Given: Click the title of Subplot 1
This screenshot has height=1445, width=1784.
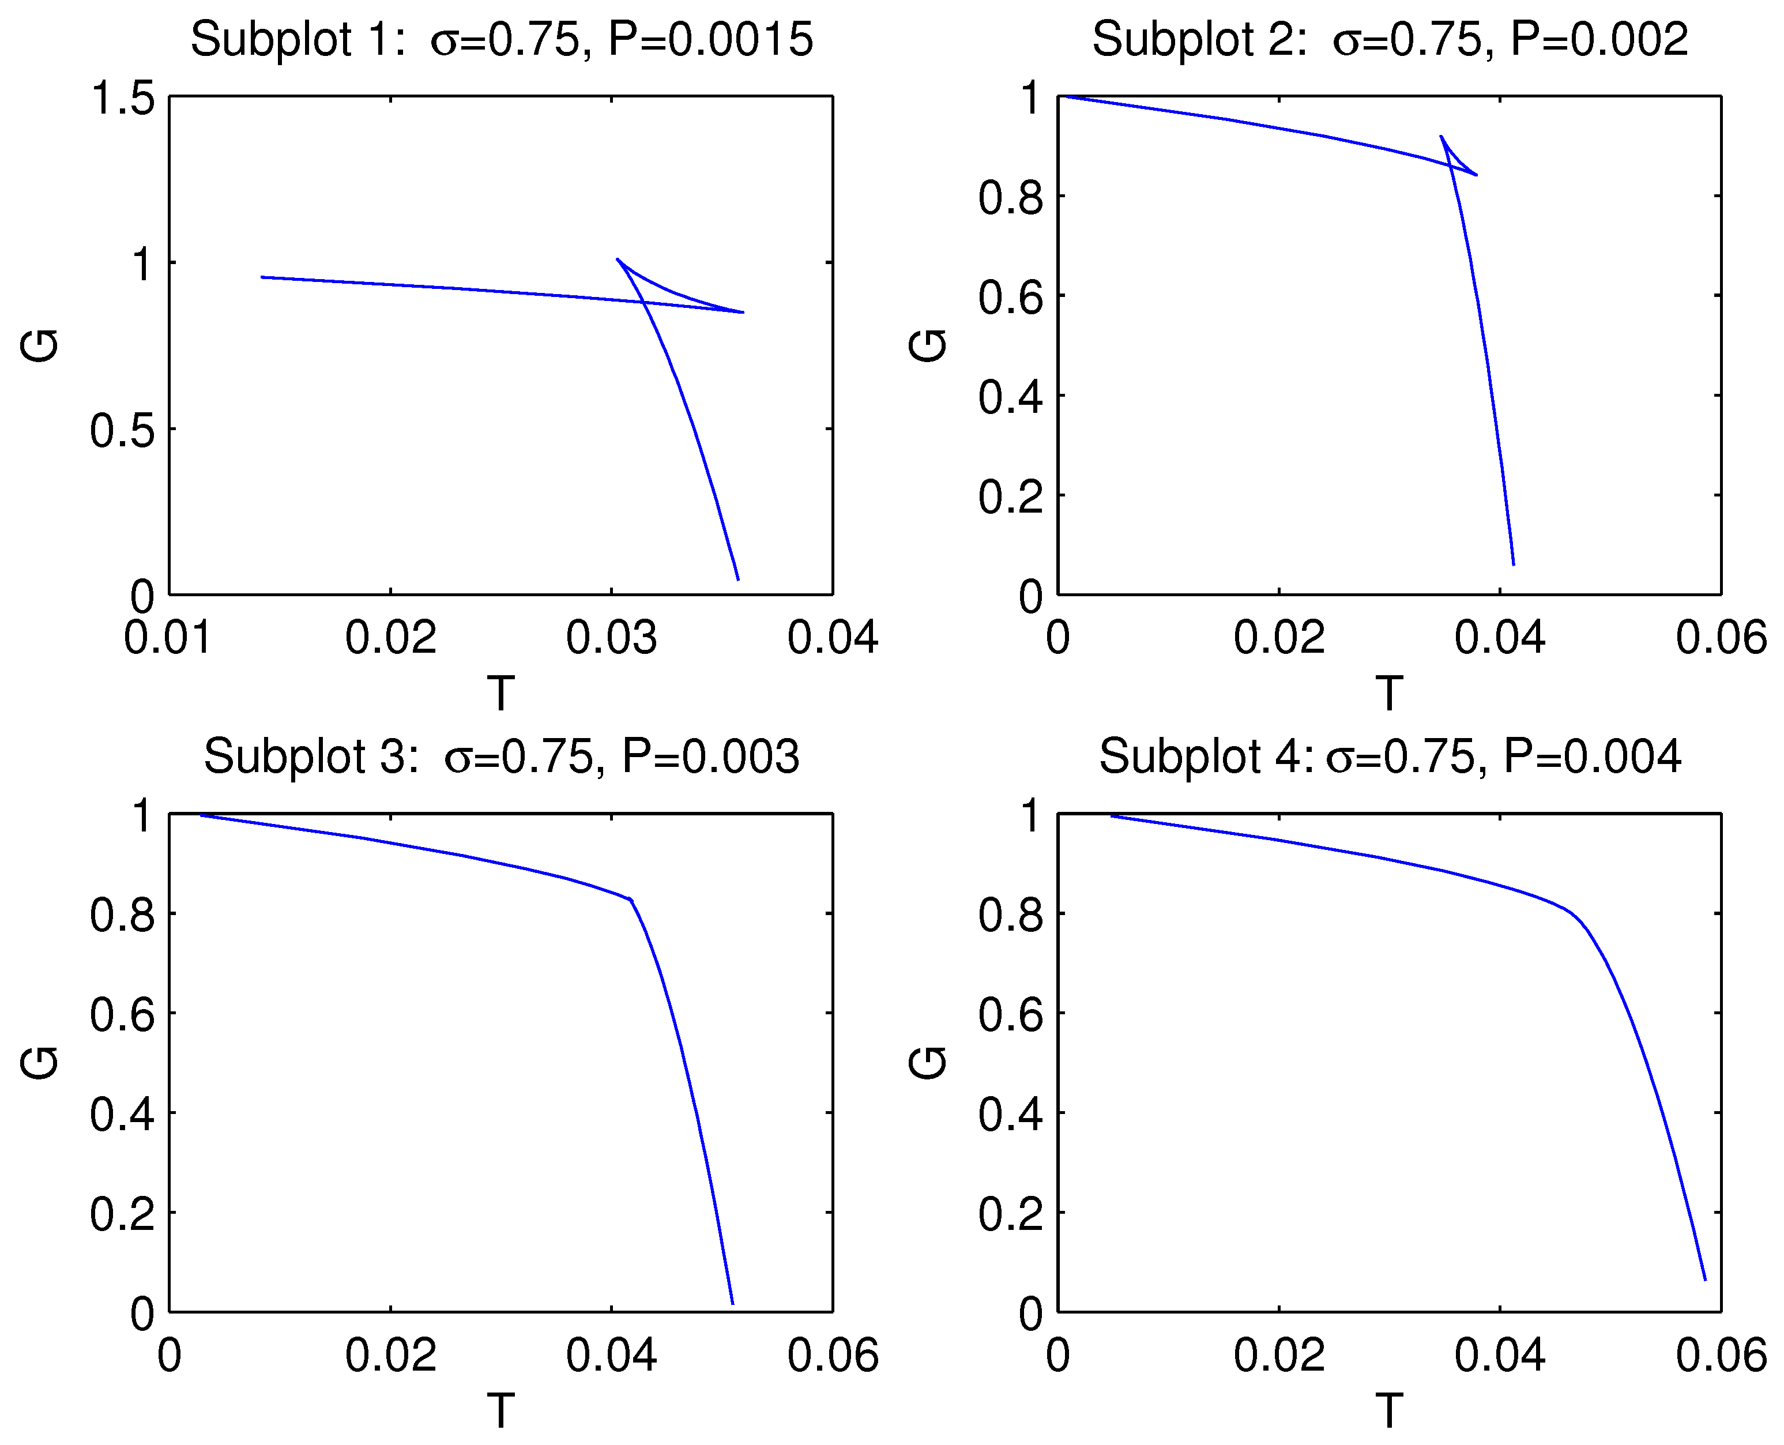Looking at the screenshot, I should tap(501, 39).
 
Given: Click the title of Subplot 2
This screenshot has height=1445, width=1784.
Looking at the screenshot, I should tap(1390, 39).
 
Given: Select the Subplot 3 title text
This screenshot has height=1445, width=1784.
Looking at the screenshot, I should tap(501, 757).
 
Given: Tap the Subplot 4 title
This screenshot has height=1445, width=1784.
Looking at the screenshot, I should tap(1390, 757).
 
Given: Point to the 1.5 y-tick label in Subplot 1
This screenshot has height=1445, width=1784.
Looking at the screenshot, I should tap(122, 98).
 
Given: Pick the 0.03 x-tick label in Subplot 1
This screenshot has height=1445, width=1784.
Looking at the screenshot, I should tap(611, 638).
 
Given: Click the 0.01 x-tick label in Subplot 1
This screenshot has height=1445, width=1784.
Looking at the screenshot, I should tap(168, 638).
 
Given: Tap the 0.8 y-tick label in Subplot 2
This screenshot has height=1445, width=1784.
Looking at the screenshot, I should tap(1010, 198).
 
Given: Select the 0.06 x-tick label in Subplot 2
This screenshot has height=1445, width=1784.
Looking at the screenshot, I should tap(1721, 638).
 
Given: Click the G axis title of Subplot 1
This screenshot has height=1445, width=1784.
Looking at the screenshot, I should tap(40, 345).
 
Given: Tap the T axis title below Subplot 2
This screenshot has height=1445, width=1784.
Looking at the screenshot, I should tap(1388, 693).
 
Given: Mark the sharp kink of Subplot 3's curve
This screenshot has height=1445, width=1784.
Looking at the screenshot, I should tap(631, 900).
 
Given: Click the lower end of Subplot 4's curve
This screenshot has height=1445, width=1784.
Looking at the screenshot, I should tap(1705, 1280).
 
